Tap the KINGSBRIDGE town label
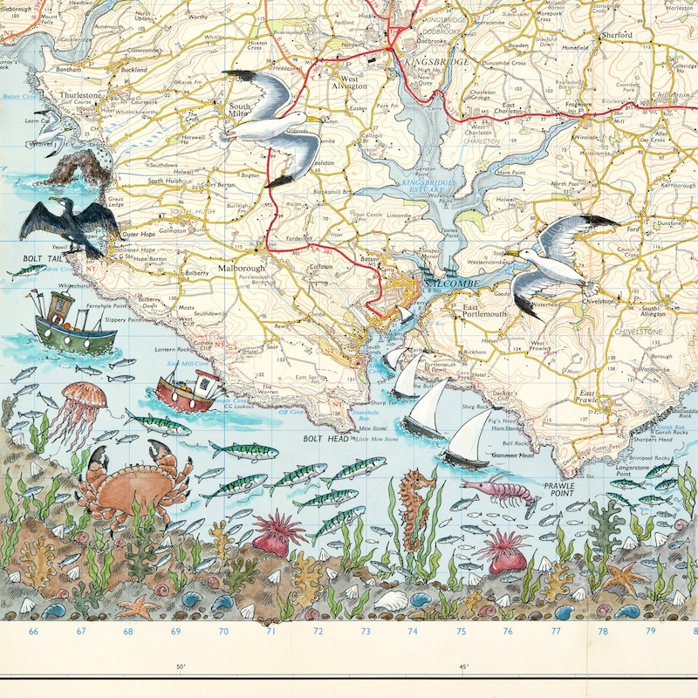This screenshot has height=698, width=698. [x=437, y=64]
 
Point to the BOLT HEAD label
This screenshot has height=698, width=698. [x=326, y=438]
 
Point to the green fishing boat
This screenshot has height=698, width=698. [x=63, y=327]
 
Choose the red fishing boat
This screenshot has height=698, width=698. [x=190, y=391]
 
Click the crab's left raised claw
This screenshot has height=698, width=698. [x=97, y=460]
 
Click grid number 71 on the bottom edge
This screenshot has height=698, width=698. [x=270, y=631]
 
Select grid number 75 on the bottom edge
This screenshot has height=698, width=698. [x=461, y=631]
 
